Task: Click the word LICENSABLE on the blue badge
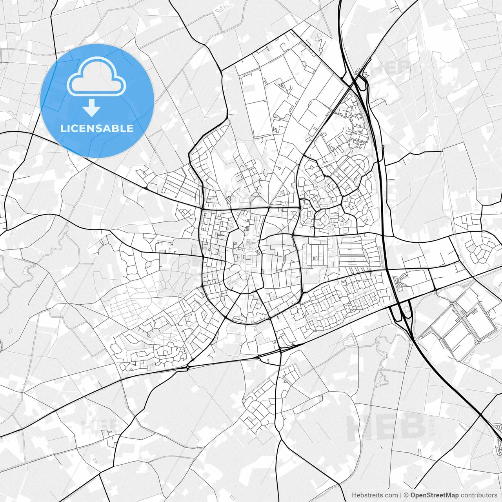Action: (x=97, y=128)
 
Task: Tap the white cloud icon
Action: (x=96, y=76)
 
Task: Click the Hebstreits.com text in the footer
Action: (x=375, y=495)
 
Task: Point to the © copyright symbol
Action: (x=407, y=495)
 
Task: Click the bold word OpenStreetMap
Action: (x=435, y=495)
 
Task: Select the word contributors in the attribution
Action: (x=479, y=495)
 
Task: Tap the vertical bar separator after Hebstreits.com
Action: (x=401, y=495)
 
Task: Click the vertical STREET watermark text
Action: (x=432, y=424)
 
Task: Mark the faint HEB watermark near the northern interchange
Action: (x=390, y=67)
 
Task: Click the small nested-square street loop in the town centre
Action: (x=258, y=252)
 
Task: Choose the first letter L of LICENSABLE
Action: (x=63, y=128)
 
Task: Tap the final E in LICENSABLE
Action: (x=130, y=128)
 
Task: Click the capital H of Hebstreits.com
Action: (x=354, y=495)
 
